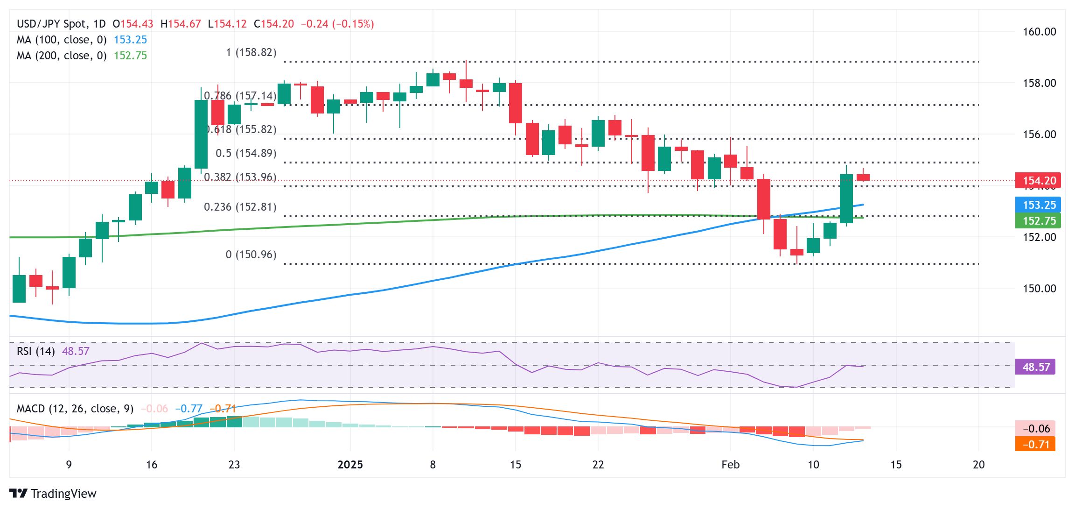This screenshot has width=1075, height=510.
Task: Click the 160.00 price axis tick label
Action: click(1039, 32)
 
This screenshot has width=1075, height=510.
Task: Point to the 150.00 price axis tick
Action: click(1039, 289)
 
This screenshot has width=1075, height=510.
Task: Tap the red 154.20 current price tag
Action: click(1038, 181)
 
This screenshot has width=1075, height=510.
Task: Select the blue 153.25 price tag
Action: click(1038, 205)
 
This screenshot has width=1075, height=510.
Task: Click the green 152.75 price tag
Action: click(1038, 221)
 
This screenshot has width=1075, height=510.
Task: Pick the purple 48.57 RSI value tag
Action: click(1035, 367)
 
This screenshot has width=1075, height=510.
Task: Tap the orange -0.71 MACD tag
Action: click(1035, 444)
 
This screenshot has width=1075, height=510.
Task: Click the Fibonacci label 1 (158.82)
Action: click(251, 52)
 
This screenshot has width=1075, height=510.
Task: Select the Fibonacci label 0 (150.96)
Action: click(251, 255)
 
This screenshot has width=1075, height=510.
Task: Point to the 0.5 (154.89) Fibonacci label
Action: click(246, 153)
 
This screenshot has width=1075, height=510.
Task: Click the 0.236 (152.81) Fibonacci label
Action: click(240, 207)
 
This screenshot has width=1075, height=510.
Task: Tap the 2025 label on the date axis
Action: click(350, 465)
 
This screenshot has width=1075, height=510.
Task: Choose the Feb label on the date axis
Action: click(730, 465)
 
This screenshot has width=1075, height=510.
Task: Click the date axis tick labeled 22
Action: click(598, 465)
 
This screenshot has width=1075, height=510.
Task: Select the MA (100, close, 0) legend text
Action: click(62, 40)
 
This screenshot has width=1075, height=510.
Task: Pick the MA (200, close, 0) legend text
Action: click(62, 56)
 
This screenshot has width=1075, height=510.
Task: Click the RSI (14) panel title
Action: click(35, 351)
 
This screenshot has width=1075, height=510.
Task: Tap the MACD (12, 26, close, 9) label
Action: click(75, 409)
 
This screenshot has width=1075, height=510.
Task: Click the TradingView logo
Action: click(53, 494)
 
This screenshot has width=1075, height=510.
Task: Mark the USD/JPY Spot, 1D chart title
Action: click(61, 24)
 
